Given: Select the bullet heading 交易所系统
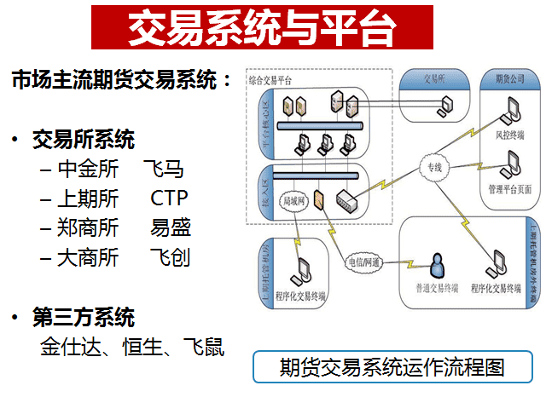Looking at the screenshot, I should (84, 138).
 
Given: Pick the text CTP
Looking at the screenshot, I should (169, 198).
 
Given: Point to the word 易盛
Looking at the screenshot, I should (171, 227).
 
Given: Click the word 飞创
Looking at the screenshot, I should (170, 257).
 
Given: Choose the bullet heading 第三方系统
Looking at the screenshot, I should (84, 318).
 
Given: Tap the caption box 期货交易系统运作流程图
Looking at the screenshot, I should (392, 367).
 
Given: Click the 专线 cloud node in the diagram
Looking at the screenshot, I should (434, 168).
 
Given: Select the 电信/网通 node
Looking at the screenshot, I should (363, 262).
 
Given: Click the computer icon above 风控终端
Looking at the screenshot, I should (511, 111).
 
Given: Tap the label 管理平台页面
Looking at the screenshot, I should (511, 188).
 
